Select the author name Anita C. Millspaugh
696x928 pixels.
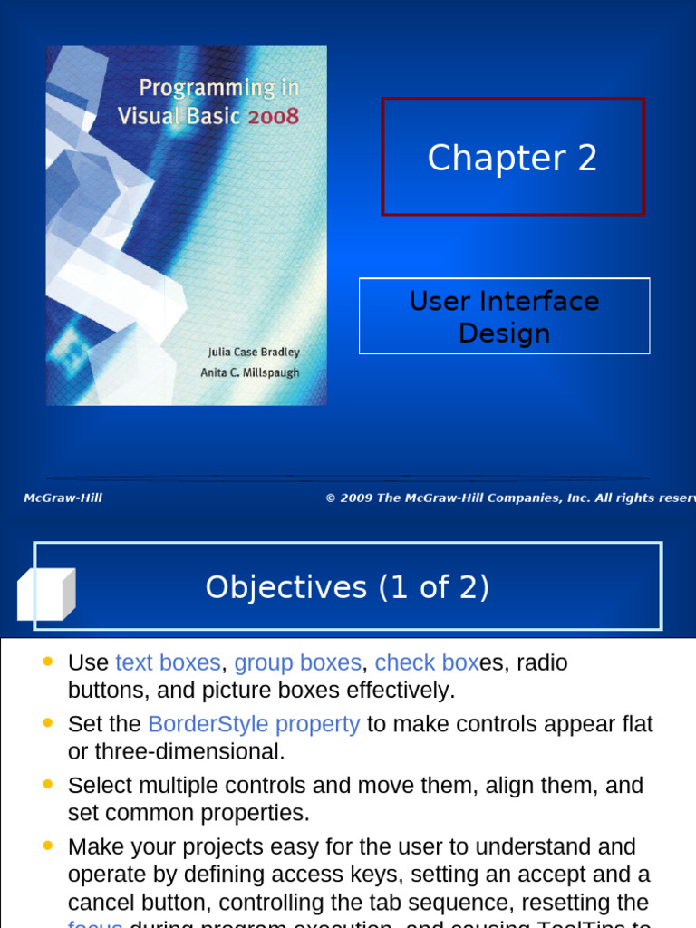tap(249, 372)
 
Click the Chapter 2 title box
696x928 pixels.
tap(512, 158)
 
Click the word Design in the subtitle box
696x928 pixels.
tap(504, 333)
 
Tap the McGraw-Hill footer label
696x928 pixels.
tap(63, 498)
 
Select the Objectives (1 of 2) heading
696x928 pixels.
tap(347, 587)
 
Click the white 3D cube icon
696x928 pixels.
tap(44, 594)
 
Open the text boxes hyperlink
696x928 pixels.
tap(168, 662)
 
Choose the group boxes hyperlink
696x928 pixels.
tap(297, 662)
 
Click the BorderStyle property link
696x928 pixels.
tap(254, 724)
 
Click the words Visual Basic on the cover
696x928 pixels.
tap(179, 116)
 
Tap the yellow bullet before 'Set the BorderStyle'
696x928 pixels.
tap(48, 722)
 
